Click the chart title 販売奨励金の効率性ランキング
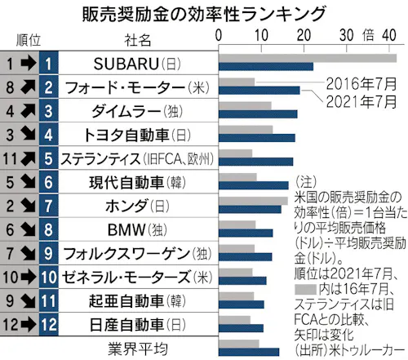(204, 14)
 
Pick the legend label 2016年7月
(360, 84)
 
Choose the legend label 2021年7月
(360, 102)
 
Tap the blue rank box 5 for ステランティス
(48, 157)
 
